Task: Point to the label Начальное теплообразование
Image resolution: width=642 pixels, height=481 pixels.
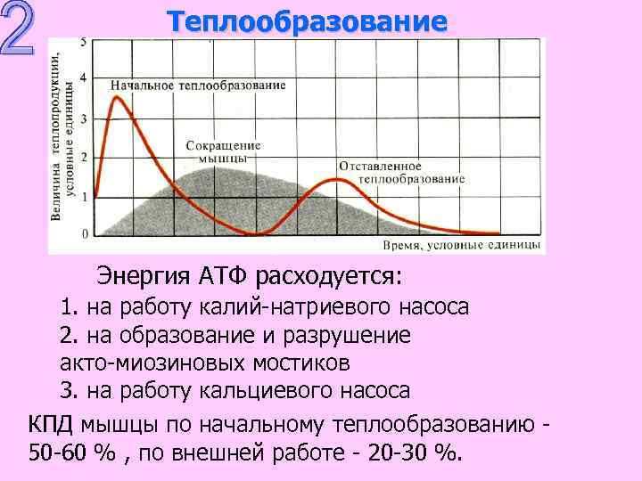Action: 198,86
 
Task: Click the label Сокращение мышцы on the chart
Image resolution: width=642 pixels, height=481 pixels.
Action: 223,151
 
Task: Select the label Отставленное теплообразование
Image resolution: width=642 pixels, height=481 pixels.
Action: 401,172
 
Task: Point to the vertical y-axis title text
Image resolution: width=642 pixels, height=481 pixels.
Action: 61,134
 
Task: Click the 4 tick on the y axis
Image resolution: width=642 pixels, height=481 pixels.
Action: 84,78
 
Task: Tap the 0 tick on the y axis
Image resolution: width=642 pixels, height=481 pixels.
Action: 84,233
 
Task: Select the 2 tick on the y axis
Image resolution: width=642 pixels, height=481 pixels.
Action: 84,157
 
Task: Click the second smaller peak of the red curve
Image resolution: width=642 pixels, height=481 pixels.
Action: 335,179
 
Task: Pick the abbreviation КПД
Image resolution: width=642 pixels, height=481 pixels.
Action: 53,421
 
